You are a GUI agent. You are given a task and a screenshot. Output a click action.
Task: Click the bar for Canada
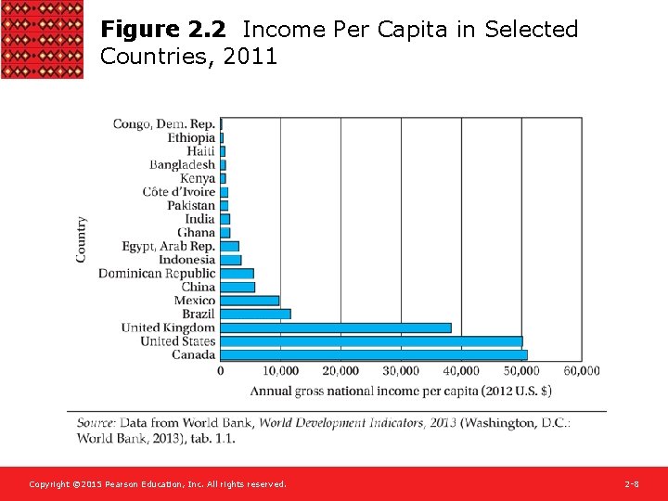point(373,354)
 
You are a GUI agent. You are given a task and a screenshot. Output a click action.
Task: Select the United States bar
point(371,341)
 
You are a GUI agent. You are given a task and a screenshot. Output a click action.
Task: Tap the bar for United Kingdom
point(336,328)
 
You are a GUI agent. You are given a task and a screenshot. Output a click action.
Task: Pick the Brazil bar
point(255,314)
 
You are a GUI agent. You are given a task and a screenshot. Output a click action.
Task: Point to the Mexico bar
point(250,301)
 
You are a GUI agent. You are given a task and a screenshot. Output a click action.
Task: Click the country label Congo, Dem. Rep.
point(164,123)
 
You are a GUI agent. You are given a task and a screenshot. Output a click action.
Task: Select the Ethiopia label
point(191,137)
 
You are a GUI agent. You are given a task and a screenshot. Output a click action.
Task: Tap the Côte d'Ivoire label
point(179,192)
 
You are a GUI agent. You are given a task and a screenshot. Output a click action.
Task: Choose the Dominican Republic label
point(157,274)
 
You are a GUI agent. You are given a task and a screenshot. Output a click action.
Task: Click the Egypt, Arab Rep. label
point(169,246)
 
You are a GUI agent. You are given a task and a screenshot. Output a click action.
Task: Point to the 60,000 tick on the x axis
point(582,371)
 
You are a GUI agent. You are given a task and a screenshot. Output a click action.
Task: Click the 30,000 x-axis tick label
point(401,371)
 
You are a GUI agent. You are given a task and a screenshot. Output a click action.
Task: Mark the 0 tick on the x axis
point(221,371)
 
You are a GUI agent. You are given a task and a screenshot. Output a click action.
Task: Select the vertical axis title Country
point(82,239)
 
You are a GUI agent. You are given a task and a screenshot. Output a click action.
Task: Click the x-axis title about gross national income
point(401,391)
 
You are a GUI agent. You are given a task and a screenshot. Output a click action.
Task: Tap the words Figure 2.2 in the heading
point(162,30)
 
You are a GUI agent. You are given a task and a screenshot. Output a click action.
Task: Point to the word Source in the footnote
point(96,423)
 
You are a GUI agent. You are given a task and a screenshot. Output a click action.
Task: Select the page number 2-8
point(631,484)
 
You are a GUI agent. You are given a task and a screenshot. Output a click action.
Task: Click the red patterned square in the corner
point(42,39)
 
